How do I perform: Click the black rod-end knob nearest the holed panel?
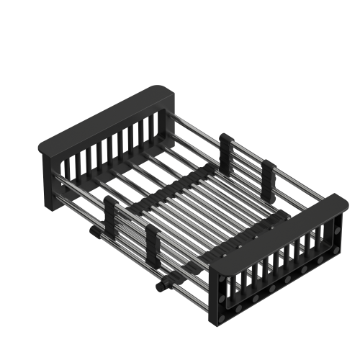tap(160, 287)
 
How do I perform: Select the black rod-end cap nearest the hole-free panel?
tap(95, 232)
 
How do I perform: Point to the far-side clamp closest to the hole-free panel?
tap(225, 147)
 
